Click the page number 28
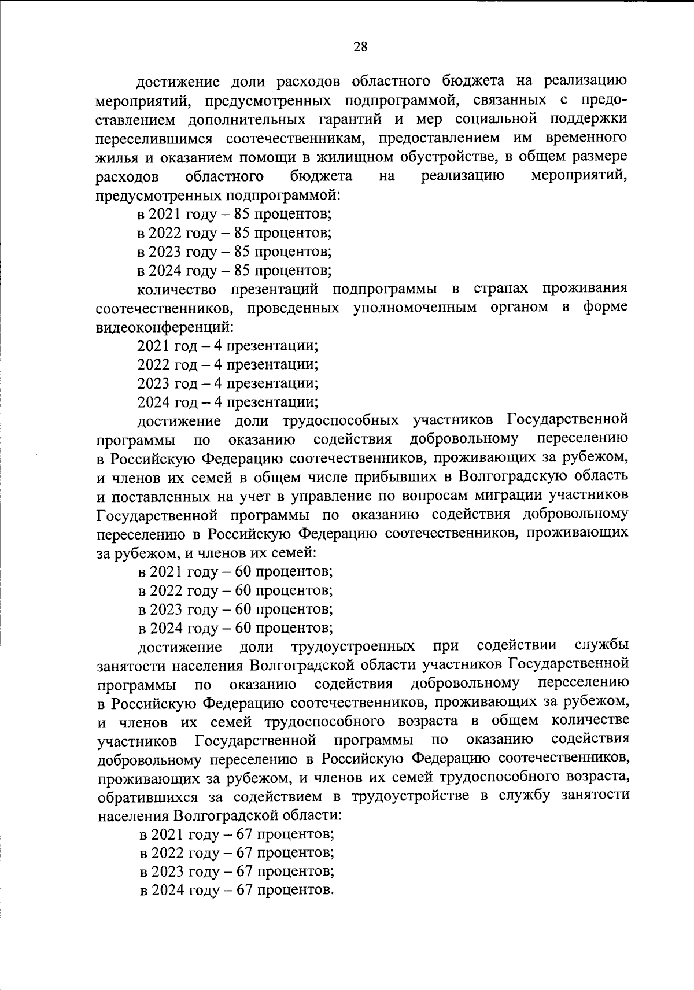360,47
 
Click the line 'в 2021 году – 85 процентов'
234,215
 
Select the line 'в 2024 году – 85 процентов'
234,270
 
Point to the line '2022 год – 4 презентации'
228,365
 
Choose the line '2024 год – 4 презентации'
228,402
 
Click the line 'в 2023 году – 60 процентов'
235,609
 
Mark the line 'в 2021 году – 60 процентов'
235,572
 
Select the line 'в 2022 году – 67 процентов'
237,853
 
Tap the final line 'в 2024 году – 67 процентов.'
237,890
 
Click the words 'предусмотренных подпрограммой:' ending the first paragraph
217,195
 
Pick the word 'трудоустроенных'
353,646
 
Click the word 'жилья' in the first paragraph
114,158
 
